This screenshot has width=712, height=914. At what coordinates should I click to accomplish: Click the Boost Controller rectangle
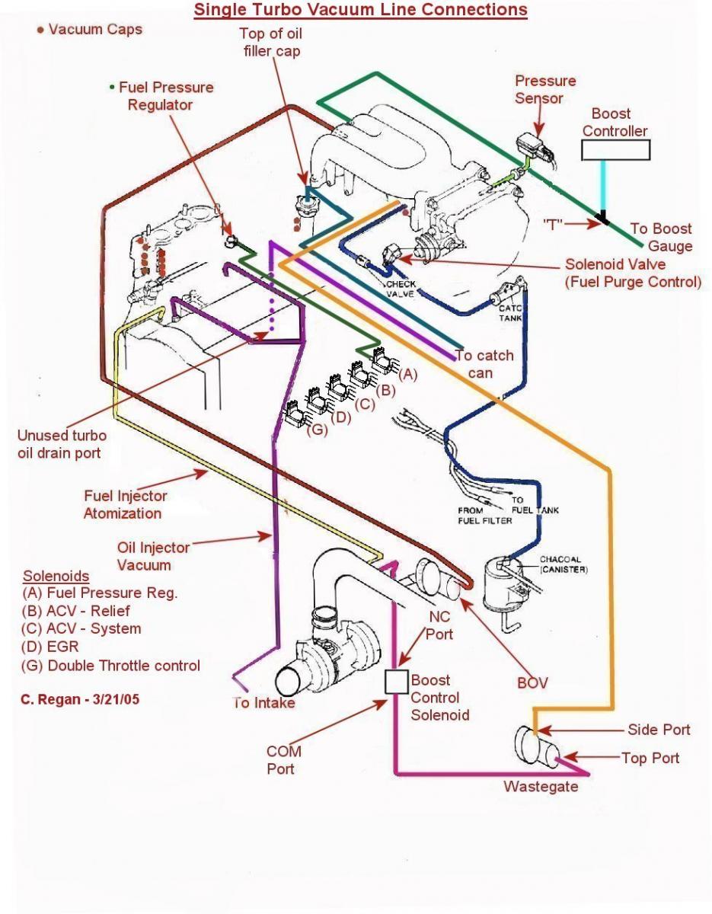[616, 150]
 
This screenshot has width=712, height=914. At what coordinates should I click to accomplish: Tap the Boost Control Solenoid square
[397, 682]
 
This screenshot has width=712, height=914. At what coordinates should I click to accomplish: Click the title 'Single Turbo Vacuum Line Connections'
[360, 10]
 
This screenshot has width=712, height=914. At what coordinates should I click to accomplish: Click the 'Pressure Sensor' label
[544, 89]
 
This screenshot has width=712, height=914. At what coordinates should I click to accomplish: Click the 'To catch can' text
[484, 364]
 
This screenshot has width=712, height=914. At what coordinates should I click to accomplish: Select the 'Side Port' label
[659, 730]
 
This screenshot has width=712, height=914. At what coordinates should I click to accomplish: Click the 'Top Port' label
[650, 758]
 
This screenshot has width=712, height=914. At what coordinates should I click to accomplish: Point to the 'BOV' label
[532, 682]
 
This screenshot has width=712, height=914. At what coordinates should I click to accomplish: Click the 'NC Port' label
[440, 625]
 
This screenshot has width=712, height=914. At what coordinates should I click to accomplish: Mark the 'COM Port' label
[283, 760]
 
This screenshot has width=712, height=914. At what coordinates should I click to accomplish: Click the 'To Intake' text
[263, 702]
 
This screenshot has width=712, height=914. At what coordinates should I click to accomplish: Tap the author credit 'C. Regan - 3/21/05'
[80, 698]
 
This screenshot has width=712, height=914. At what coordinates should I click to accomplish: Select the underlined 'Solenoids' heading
[56, 576]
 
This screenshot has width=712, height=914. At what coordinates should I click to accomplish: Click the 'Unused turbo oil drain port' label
[62, 444]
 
